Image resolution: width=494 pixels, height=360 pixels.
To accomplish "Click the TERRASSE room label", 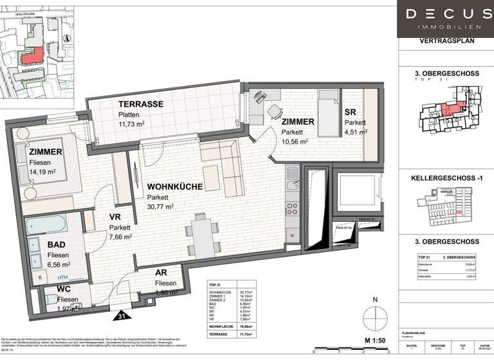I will tap(140, 104).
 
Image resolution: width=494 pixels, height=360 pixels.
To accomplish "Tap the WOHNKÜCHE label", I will tap(174, 186).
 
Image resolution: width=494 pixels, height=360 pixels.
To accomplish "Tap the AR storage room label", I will tap(161, 272).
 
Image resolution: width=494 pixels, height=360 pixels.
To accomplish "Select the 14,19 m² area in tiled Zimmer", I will tap(44, 173).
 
